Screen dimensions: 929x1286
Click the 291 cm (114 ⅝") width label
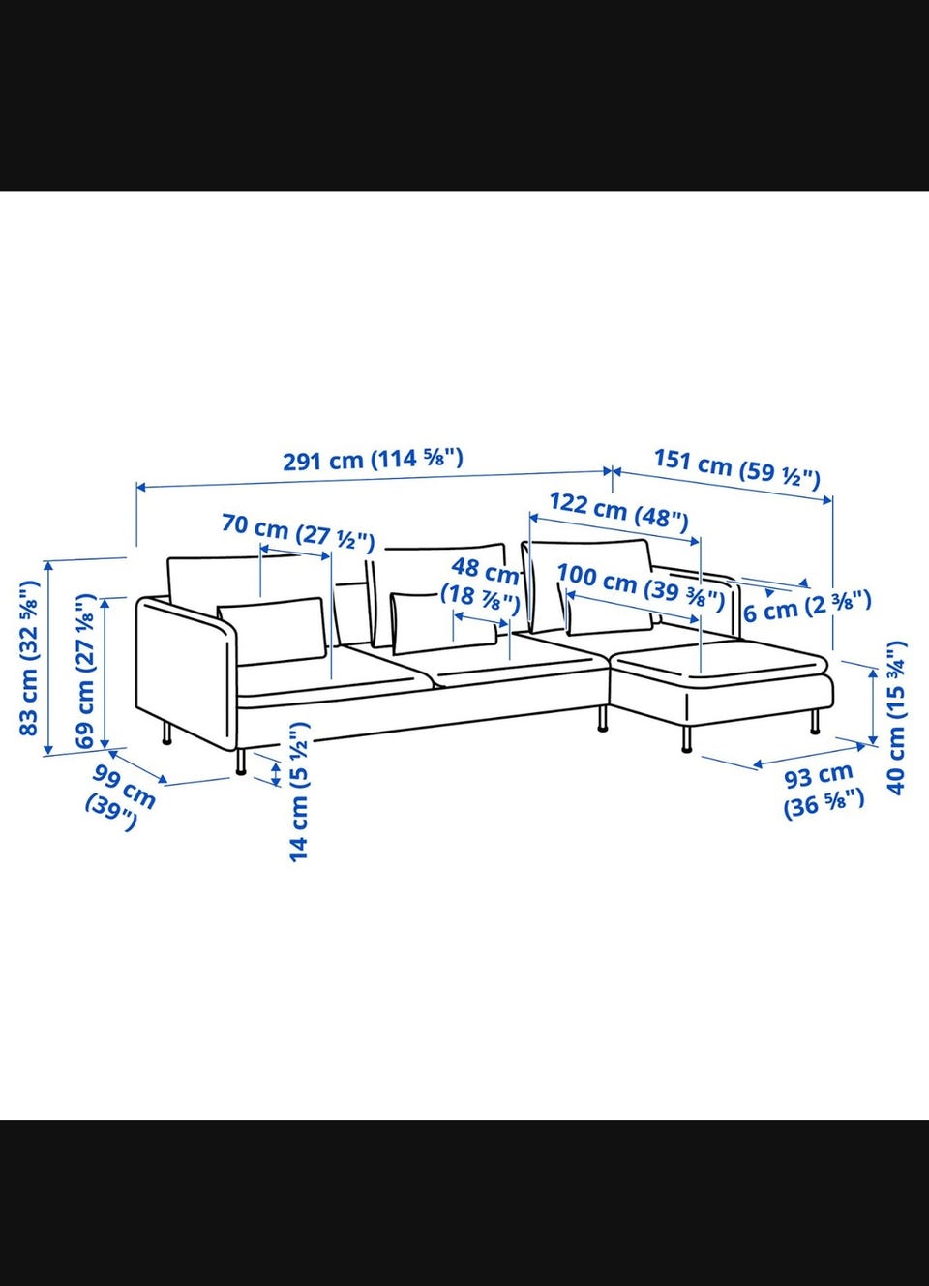[x=373, y=460]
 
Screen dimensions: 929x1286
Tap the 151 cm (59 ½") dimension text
[x=737, y=469]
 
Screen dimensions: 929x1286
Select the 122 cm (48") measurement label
[x=618, y=510]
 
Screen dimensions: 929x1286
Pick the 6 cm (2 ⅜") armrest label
[x=807, y=607]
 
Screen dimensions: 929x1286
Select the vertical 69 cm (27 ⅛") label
[x=85, y=671]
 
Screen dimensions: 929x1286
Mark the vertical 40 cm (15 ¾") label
[x=896, y=718]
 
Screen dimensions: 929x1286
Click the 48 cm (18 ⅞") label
[x=480, y=583]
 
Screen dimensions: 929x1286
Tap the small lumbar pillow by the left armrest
[x=272, y=630]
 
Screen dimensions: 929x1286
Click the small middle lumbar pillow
[x=443, y=622]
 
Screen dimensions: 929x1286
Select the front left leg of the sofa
[x=241, y=762]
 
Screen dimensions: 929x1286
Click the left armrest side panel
[x=185, y=673]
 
